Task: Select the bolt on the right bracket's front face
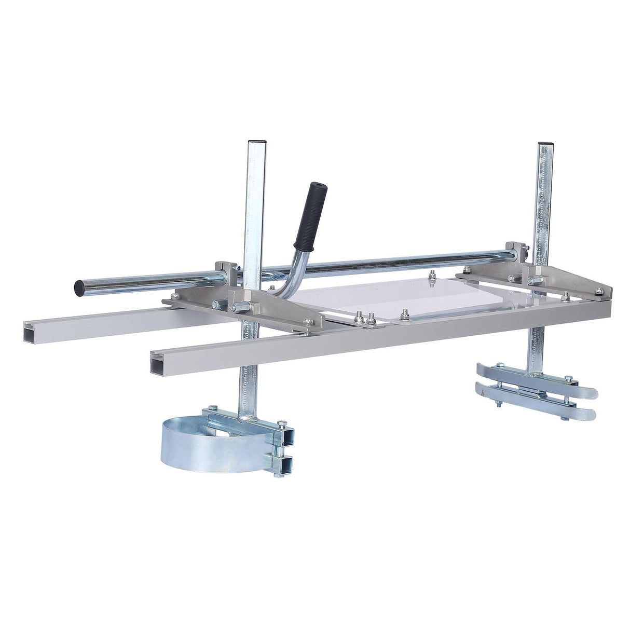coord(531,281)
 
